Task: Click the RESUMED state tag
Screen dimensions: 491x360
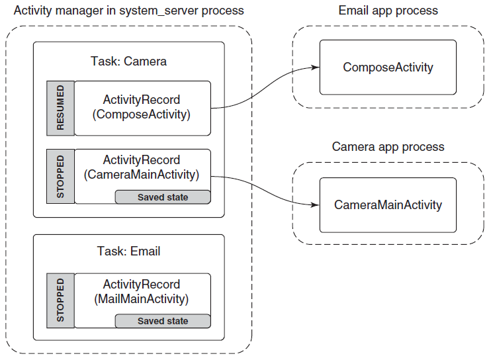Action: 60,108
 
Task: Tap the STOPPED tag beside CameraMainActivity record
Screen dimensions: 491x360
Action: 60,176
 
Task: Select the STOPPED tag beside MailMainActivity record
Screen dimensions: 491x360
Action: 60,300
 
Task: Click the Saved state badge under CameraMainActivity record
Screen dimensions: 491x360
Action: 163,197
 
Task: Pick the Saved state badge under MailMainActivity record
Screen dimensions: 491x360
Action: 163,321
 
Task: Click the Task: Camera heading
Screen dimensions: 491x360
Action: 128,61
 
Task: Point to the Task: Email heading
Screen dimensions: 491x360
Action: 128,251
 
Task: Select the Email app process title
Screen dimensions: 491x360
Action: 388,11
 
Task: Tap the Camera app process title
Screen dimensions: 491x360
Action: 388,147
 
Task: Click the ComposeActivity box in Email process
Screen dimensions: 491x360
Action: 388,67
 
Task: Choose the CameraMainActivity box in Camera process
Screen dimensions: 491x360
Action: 388,205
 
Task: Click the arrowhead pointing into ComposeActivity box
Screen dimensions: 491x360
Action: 316,67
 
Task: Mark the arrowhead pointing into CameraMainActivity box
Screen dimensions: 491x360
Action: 315,205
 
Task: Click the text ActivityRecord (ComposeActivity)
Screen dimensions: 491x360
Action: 141,107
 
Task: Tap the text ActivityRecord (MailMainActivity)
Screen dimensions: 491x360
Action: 141,292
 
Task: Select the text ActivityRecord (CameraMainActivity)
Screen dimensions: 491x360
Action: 141,167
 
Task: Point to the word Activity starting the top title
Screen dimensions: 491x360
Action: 33,11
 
